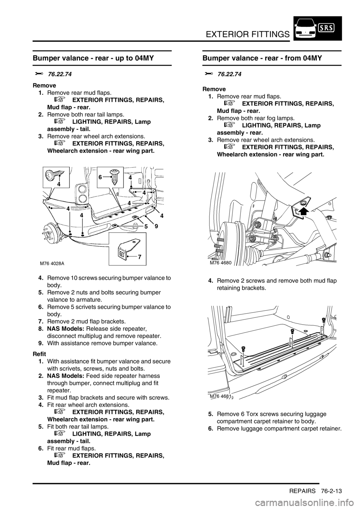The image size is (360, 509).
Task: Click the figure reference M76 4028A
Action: coord(52,263)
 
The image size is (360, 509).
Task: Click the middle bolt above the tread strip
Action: coord(292,331)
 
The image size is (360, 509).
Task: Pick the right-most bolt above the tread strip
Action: coord(323,319)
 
